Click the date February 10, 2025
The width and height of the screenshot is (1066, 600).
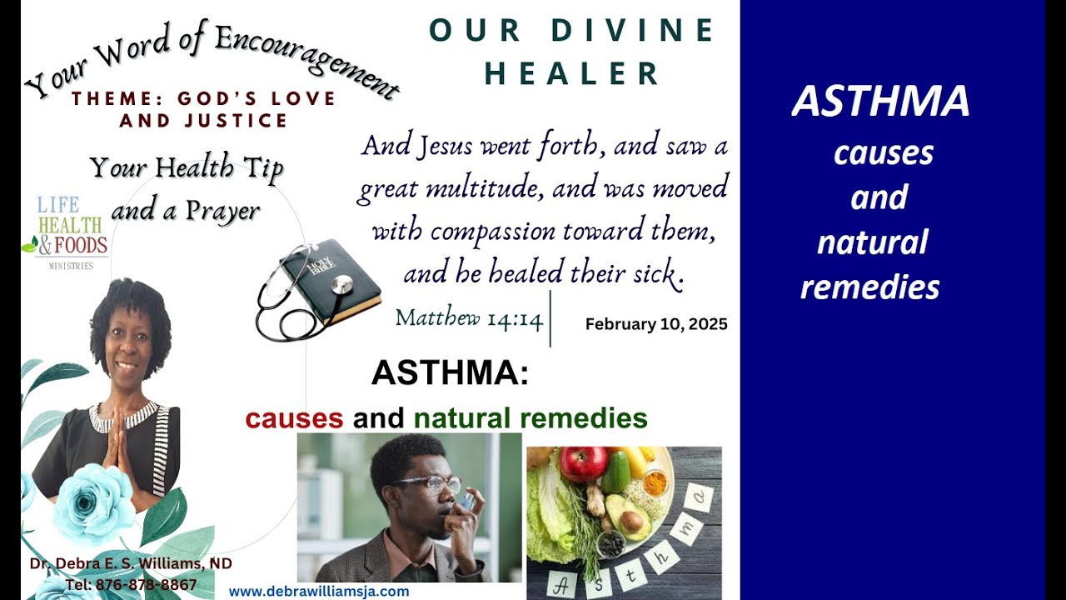[x=656, y=324]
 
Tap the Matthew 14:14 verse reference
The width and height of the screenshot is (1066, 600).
[x=469, y=317]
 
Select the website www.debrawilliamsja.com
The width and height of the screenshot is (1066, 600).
[x=319, y=592]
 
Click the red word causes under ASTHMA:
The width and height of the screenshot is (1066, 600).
[x=294, y=417]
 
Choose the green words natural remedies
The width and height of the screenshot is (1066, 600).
[x=531, y=417]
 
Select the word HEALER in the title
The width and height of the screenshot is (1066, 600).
[x=572, y=73]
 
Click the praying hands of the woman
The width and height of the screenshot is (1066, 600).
[x=113, y=442]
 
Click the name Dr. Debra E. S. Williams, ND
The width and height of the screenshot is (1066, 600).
[x=131, y=564]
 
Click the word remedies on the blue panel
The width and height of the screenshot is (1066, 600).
[x=869, y=287]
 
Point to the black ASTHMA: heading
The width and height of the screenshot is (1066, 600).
[x=450, y=372]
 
